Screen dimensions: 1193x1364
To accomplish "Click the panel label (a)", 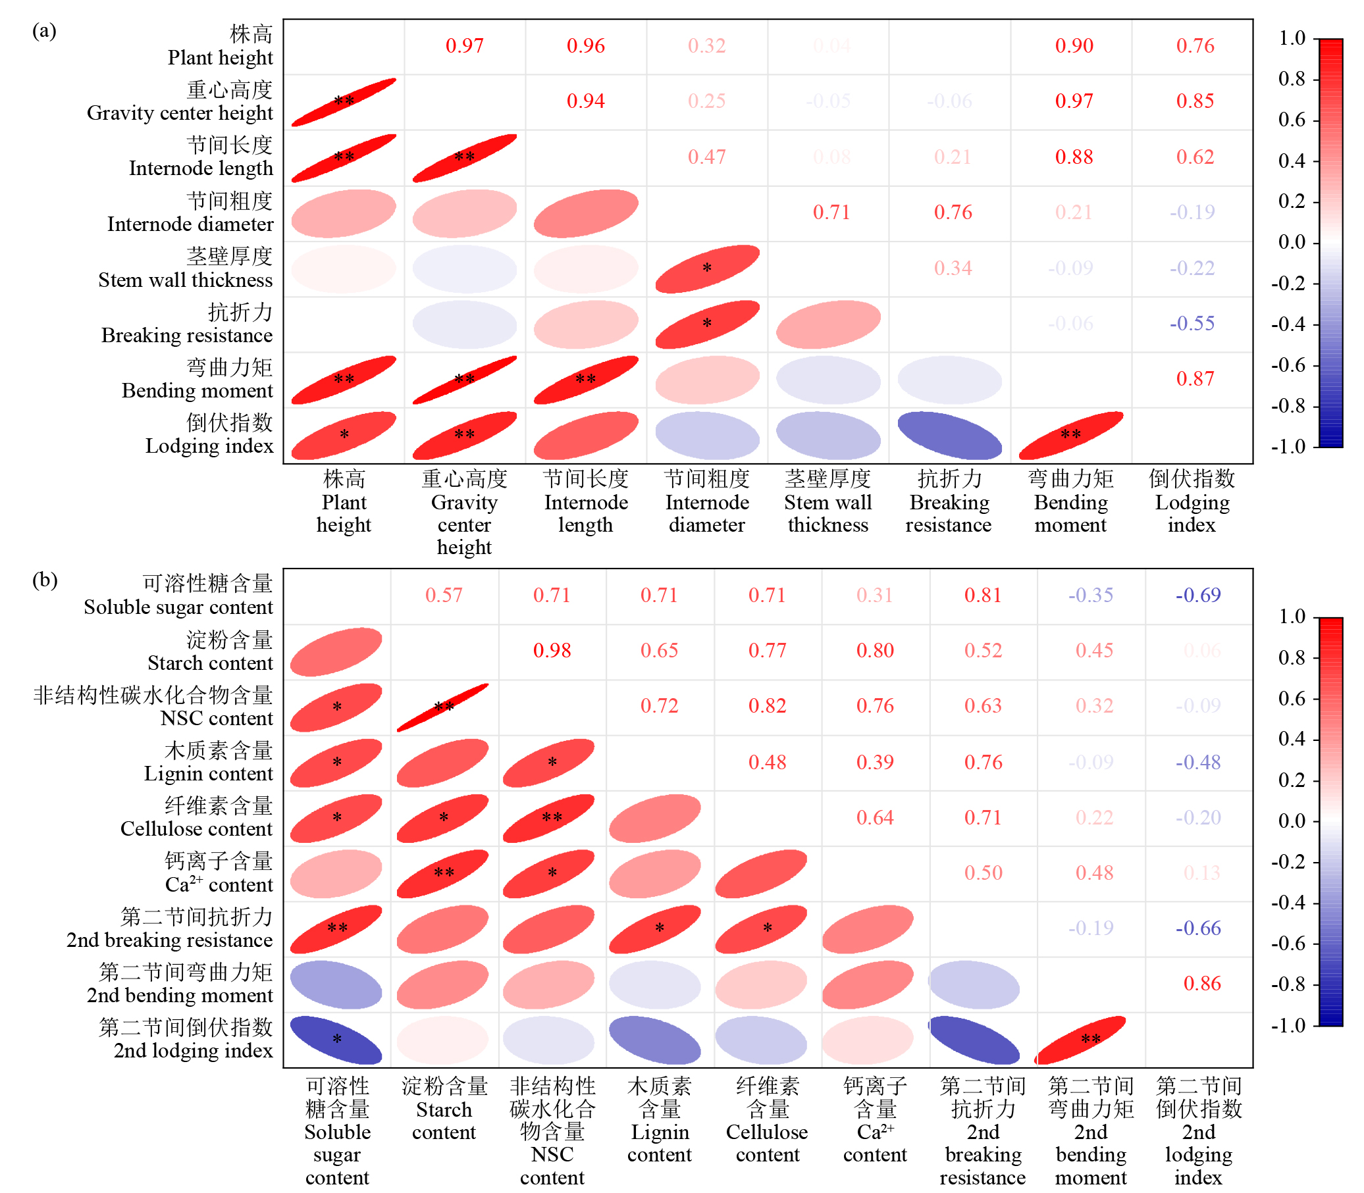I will (x=44, y=32).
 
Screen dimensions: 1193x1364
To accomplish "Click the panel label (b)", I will (x=44, y=580).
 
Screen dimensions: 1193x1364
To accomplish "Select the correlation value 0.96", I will (x=585, y=46).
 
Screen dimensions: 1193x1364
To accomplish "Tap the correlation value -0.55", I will (x=1192, y=324).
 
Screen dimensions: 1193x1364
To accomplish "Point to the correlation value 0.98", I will (x=552, y=650).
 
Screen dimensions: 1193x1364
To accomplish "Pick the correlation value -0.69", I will (x=1197, y=595).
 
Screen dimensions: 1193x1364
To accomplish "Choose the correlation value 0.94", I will (x=585, y=101).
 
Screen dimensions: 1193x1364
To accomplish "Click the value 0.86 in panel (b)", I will (x=1201, y=983).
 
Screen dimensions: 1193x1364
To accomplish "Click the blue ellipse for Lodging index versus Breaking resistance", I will (x=949, y=436).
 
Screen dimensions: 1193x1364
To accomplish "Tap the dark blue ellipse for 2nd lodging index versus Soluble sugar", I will (x=336, y=1039).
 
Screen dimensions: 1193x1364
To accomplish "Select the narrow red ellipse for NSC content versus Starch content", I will (x=443, y=707).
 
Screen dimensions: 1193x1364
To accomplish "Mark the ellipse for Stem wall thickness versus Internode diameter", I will (x=706, y=269).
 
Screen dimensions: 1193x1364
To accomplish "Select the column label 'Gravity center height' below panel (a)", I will (x=463, y=513).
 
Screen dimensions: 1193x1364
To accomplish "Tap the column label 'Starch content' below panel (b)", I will (x=444, y=1109).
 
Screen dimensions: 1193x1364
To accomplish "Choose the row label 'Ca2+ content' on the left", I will (x=219, y=873).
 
